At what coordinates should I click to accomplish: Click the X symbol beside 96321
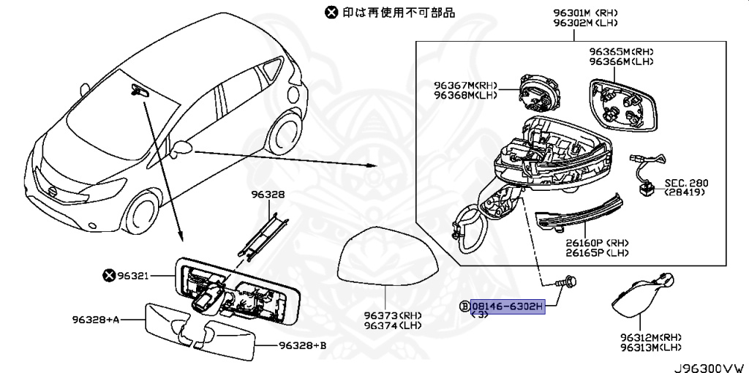coord(110,275)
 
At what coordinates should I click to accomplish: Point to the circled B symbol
coord(464,306)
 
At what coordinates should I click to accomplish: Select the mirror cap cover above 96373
coord(385,260)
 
